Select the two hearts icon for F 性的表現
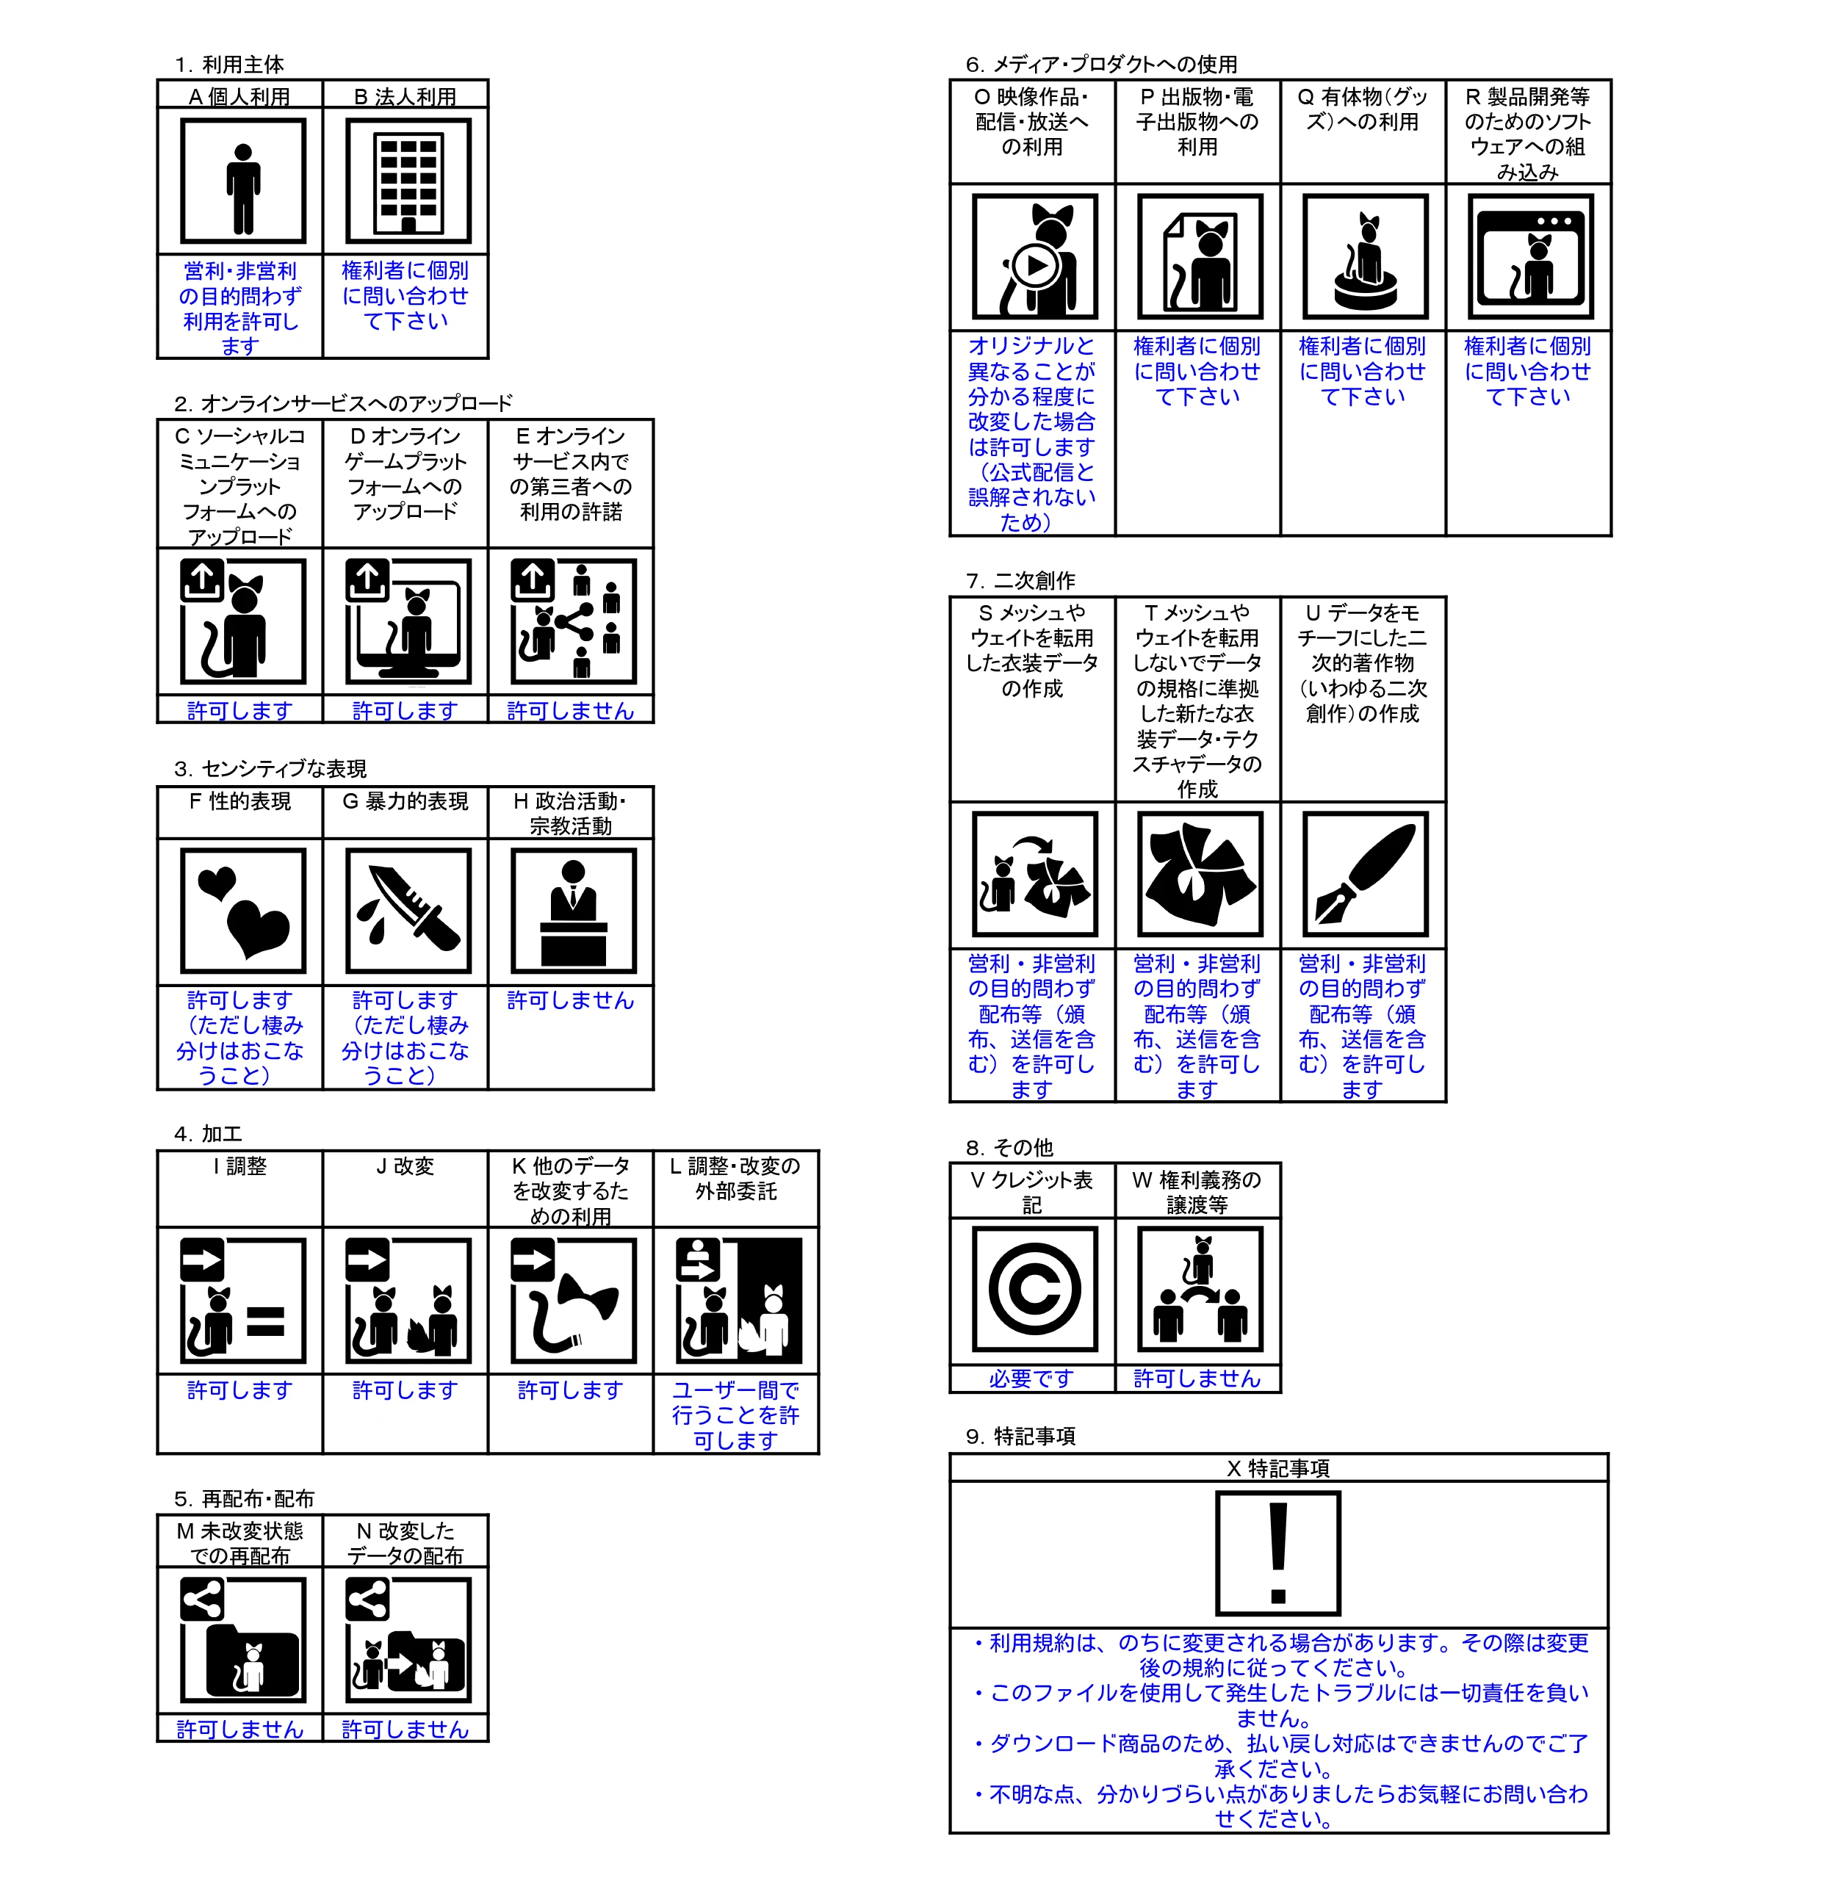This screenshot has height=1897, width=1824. click(x=243, y=911)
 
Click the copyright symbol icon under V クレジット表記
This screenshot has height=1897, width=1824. click(x=1034, y=1288)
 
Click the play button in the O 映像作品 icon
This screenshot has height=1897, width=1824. click(x=1035, y=264)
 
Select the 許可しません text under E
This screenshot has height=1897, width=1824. click(x=570, y=710)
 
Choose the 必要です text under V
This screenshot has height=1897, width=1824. click(x=1032, y=1379)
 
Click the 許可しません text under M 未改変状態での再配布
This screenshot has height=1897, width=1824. click(x=240, y=1730)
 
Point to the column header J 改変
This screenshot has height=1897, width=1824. click(x=405, y=1166)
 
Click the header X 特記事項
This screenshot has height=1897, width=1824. click(x=1278, y=1468)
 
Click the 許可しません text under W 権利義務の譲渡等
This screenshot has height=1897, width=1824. click(x=1197, y=1379)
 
